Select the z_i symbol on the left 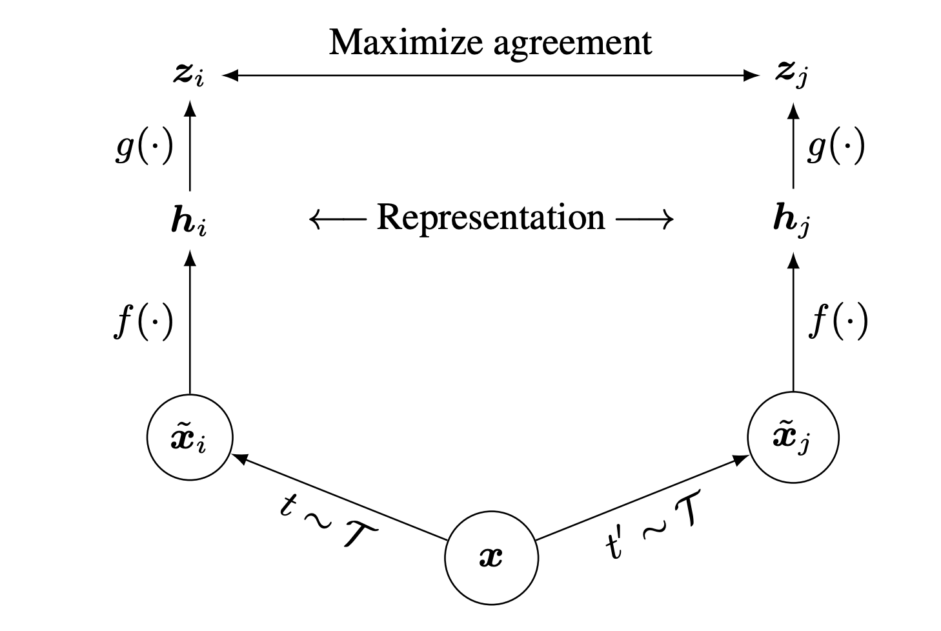[188, 75]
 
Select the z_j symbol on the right [792, 75]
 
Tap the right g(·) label [836, 148]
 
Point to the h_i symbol [188, 221]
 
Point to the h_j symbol [791, 221]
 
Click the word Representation [491, 218]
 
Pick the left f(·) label [144, 321]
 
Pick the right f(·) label [838, 321]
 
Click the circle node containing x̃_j [793, 438]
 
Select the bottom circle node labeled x [491, 557]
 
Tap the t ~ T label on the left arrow [329, 522]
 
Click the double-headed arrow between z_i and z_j [491, 75]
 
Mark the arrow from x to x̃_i [339, 497]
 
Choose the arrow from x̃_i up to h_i [189, 323]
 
